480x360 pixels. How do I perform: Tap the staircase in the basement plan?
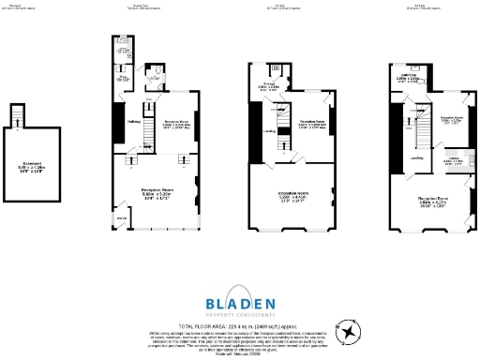coord(16,115)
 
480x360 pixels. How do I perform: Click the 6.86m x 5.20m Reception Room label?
coord(156,194)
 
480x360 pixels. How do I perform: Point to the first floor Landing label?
coord(268,131)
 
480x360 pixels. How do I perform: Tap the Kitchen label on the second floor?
coord(453,160)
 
